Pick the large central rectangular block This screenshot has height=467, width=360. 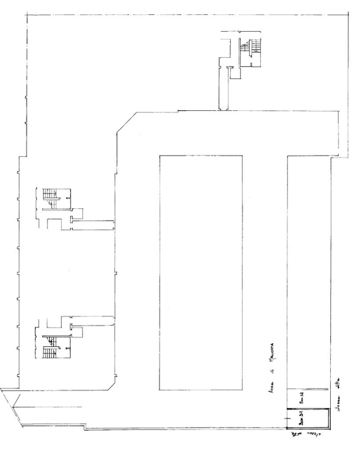[x=201, y=272]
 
